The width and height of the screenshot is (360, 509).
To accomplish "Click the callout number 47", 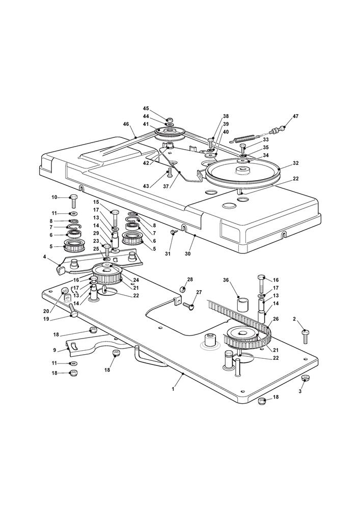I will point(295,117).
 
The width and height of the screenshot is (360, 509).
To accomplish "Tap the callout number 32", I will point(296,164).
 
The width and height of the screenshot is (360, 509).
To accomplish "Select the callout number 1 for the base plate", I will point(173,389).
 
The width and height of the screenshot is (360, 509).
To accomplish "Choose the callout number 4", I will point(46,258).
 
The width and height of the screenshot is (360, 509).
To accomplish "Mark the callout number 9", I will point(55,350).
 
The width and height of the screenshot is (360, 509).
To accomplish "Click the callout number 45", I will point(146,108).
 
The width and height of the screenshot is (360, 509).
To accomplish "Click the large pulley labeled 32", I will point(244,174).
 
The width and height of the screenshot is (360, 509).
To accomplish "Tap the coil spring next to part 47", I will point(245,137).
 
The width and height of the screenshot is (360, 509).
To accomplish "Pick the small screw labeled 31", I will point(174,232).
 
